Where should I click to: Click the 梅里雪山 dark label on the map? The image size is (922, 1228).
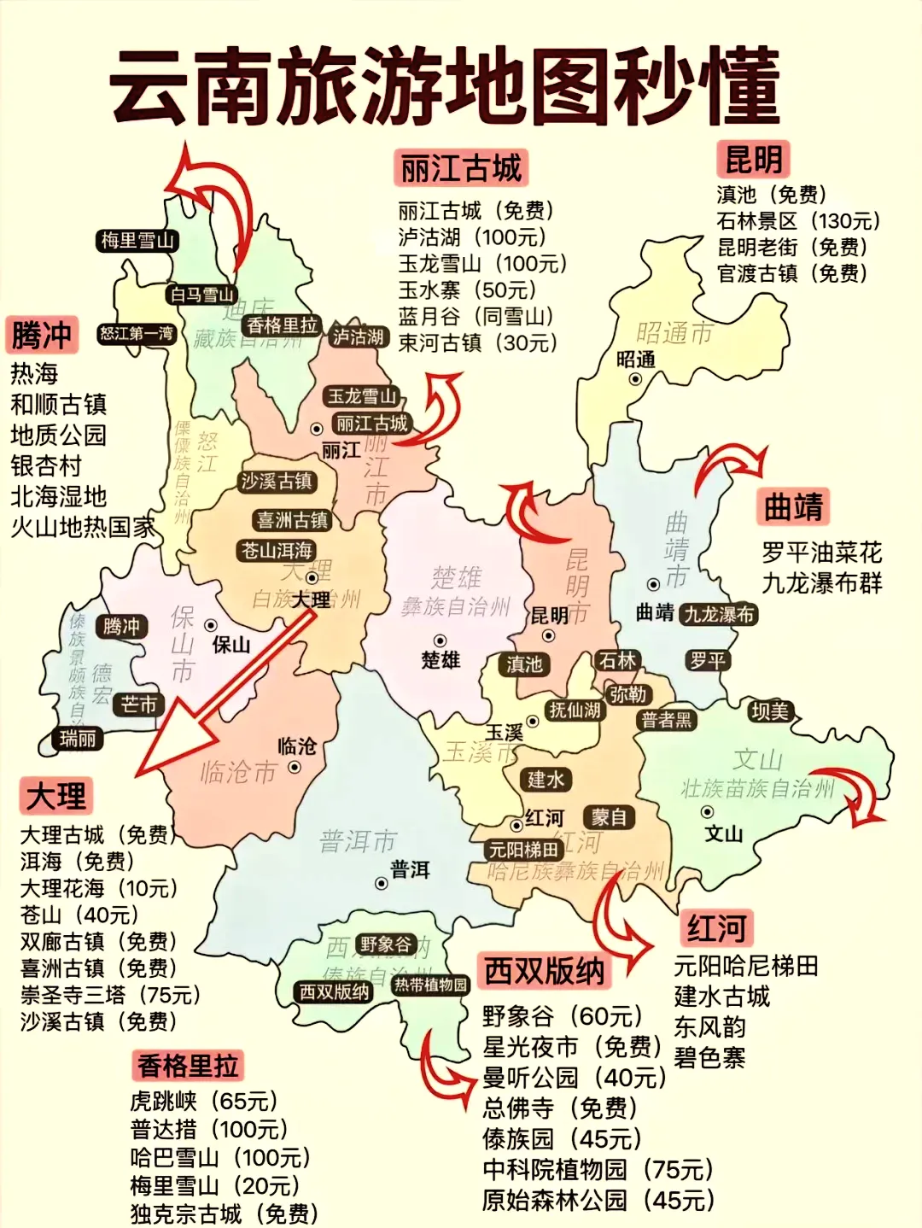point(137,241)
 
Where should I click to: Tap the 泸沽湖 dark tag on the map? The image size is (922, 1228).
point(358,336)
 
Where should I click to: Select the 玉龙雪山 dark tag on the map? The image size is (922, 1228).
point(363,396)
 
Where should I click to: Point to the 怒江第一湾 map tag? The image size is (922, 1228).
point(137,333)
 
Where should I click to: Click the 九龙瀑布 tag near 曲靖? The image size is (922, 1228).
point(719,614)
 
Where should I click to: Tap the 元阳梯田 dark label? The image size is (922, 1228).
point(522,850)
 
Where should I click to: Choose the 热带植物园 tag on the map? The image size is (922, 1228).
point(430,985)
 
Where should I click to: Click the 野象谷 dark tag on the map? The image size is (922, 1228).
point(385,944)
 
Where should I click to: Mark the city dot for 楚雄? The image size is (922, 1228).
point(441,640)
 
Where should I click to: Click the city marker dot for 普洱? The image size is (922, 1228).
point(382,883)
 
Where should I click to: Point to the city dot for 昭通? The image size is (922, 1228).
point(635,378)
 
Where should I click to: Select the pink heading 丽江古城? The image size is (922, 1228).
point(461,168)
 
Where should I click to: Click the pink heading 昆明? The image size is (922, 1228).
point(753,160)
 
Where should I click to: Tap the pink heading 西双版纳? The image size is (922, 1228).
point(545,971)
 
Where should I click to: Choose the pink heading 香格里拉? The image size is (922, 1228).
point(188,1066)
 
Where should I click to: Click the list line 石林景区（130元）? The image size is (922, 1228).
point(798,221)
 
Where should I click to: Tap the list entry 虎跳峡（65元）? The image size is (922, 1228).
point(204,1102)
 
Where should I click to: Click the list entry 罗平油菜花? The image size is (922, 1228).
point(821,553)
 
